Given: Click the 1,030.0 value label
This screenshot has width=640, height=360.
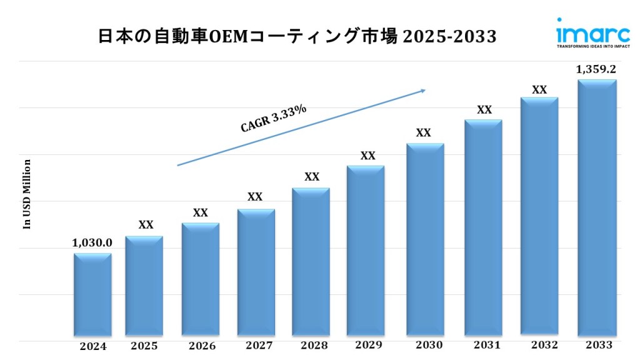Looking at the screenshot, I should tap(92, 242).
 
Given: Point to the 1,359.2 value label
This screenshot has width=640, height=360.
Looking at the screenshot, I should tap(596, 69).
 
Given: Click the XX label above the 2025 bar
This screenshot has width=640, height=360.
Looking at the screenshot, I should tap(146, 225).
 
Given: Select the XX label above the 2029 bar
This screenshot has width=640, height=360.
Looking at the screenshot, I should tap(368, 156).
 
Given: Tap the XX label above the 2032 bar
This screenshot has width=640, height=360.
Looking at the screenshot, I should tap(539, 90).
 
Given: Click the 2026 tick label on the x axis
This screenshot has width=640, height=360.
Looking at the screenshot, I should tap(202, 346).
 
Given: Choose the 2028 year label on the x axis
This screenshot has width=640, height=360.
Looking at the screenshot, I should tap(313, 346).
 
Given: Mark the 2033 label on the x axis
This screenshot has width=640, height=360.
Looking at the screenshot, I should tap(599, 345).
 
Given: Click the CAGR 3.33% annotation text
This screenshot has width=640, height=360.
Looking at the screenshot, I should tap(274, 118).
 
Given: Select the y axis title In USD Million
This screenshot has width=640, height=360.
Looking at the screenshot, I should tap(27, 194).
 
